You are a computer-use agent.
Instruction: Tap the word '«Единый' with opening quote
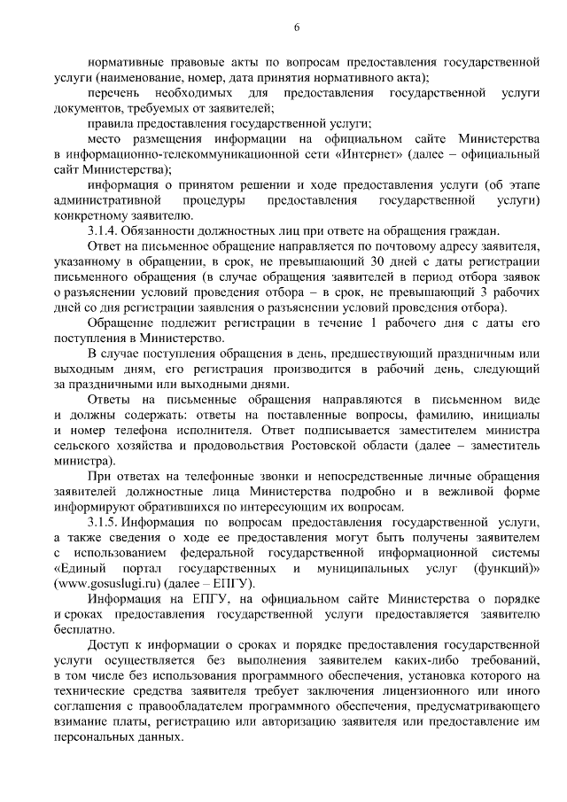pyautogui.click(x=80, y=568)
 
